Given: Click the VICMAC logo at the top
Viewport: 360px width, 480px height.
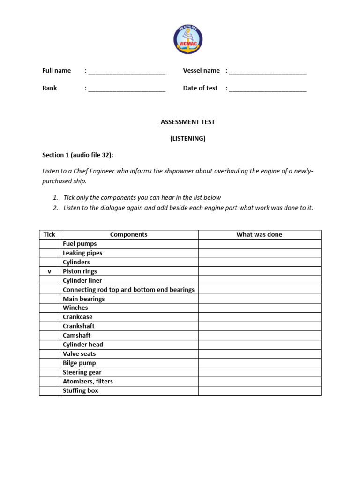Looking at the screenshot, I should click(188, 40).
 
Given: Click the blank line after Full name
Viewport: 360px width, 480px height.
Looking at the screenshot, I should click(127, 72).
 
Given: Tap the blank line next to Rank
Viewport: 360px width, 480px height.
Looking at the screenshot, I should click(127, 90).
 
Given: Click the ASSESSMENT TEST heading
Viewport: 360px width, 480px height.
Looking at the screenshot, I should click(187, 122).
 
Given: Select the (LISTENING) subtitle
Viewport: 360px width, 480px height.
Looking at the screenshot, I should click(187, 139).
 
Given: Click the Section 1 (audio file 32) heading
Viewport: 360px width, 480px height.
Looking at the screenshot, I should click(78, 155).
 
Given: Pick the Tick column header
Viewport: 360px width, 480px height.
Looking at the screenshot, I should click(49, 234).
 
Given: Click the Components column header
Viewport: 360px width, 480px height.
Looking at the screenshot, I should click(128, 234).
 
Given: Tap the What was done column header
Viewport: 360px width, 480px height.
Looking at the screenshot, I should click(259, 234).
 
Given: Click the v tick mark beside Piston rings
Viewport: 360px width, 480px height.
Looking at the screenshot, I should click(49, 271).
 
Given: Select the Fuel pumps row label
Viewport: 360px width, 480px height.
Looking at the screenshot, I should click(80, 244).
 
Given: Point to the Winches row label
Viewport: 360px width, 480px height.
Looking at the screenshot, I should click(75, 308).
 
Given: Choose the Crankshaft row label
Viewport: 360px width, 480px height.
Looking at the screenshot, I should click(79, 326).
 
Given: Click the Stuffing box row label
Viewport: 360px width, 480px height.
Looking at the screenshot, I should click(81, 390).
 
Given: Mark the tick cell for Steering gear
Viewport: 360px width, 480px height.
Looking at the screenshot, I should click(49, 372).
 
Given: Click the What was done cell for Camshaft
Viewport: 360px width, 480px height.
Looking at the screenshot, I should click(259, 336).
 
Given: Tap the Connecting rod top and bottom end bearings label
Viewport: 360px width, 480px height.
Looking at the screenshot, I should click(128, 290).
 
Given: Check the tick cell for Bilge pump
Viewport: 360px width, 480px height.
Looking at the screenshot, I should click(49, 363).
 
